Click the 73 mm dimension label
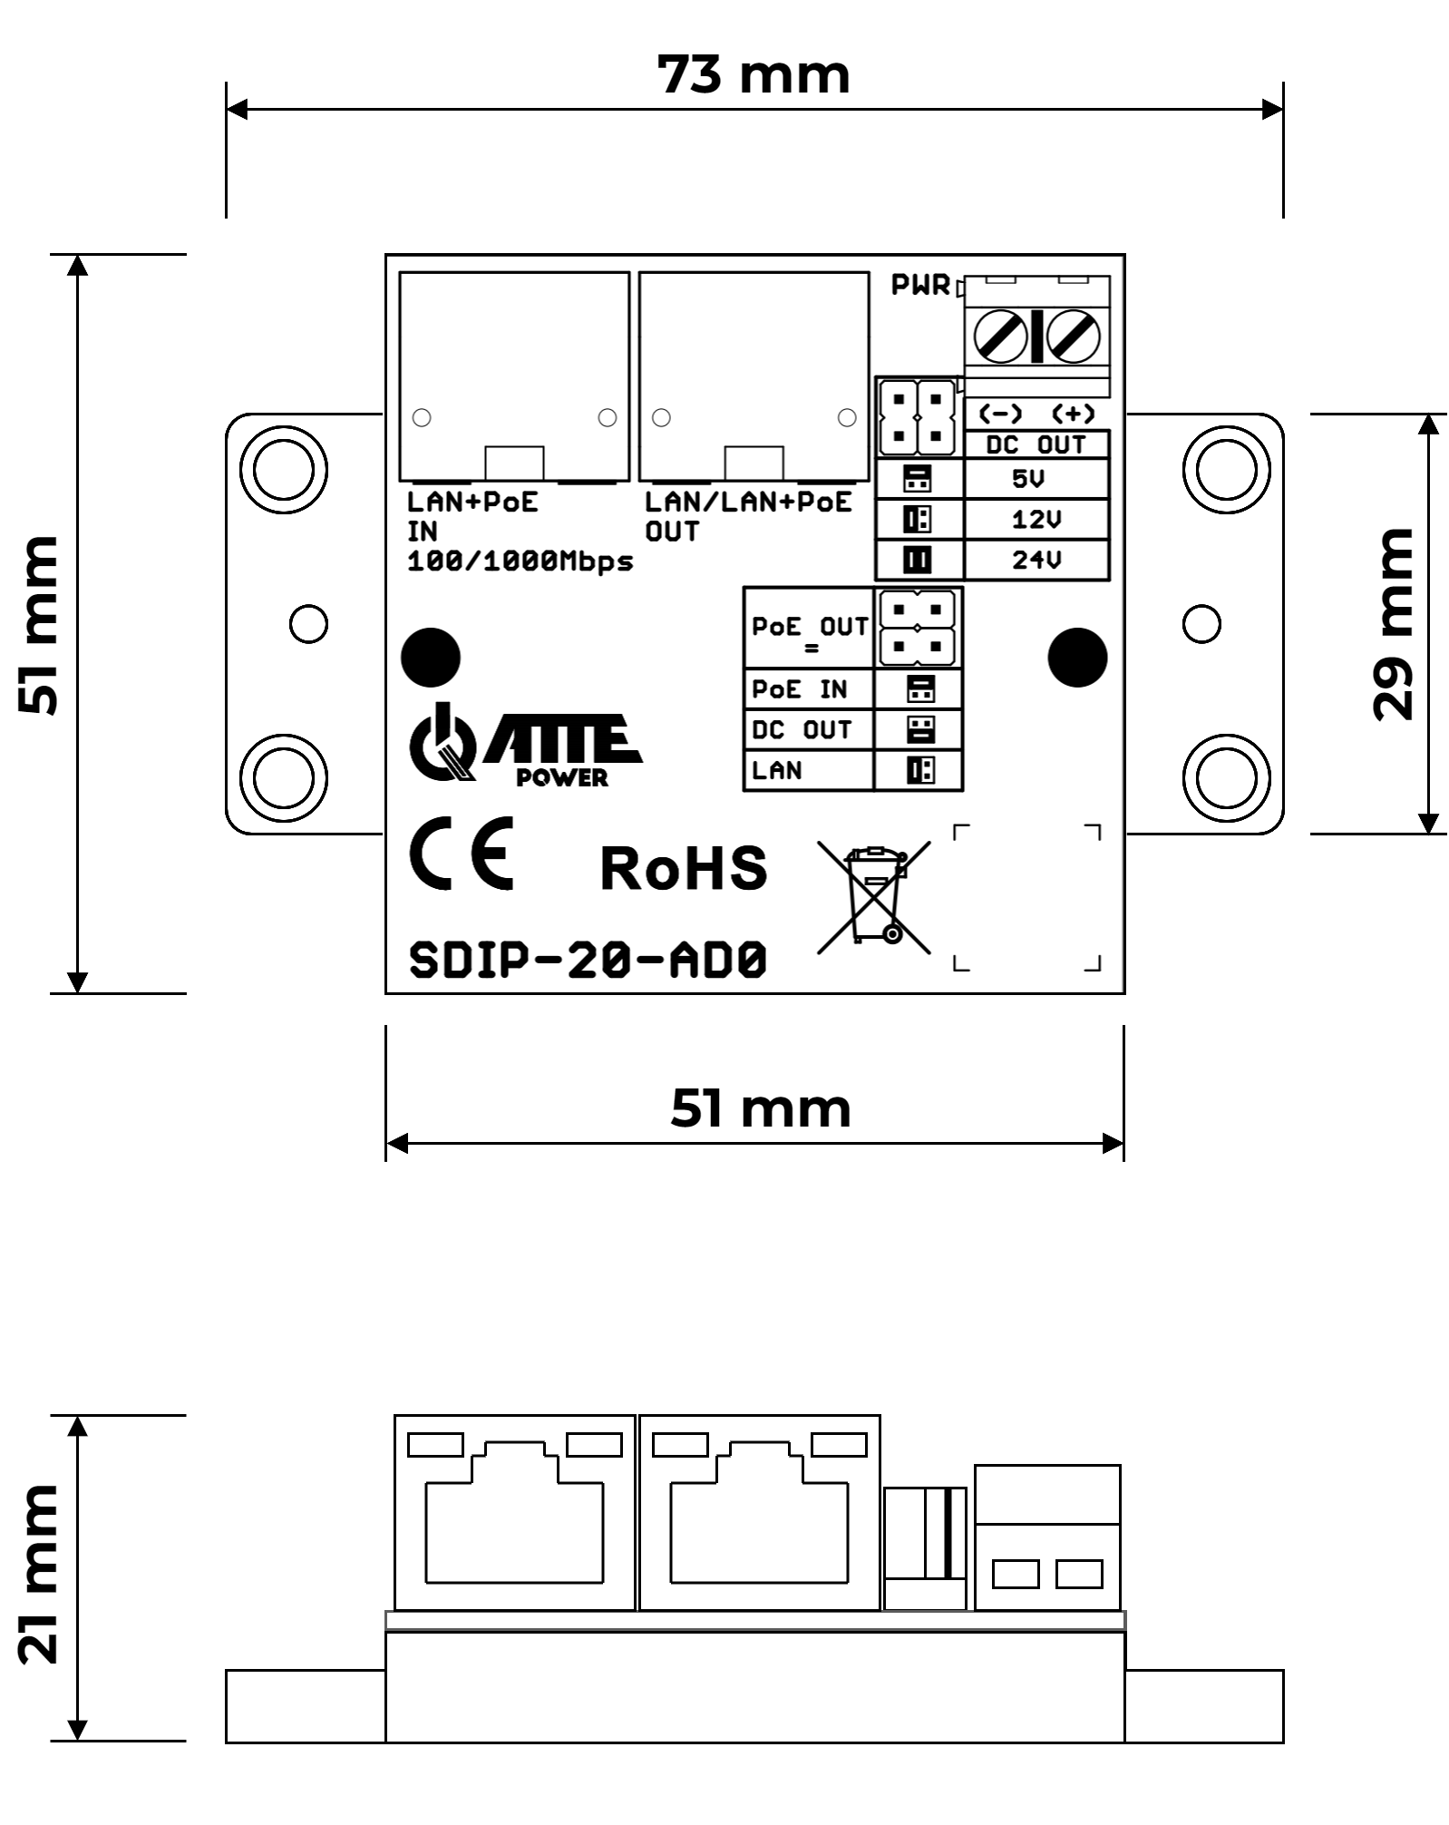point(753,74)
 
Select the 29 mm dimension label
point(1393,624)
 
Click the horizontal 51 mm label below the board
point(760,1108)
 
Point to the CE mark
point(462,853)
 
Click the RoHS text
point(684,868)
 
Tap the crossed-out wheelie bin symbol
point(874,895)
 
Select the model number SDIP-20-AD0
point(588,960)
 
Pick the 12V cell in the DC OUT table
point(1036,520)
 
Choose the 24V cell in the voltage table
point(1036,560)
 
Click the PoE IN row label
point(799,690)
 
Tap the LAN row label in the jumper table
point(777,770)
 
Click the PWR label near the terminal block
point(919,285)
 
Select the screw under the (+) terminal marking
point(1073,337)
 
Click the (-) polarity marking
point(1000,414)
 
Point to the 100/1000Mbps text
point(520,561)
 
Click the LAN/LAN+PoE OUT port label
point(747,515)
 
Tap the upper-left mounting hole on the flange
point(284,470)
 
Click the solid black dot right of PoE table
point(1077,657)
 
